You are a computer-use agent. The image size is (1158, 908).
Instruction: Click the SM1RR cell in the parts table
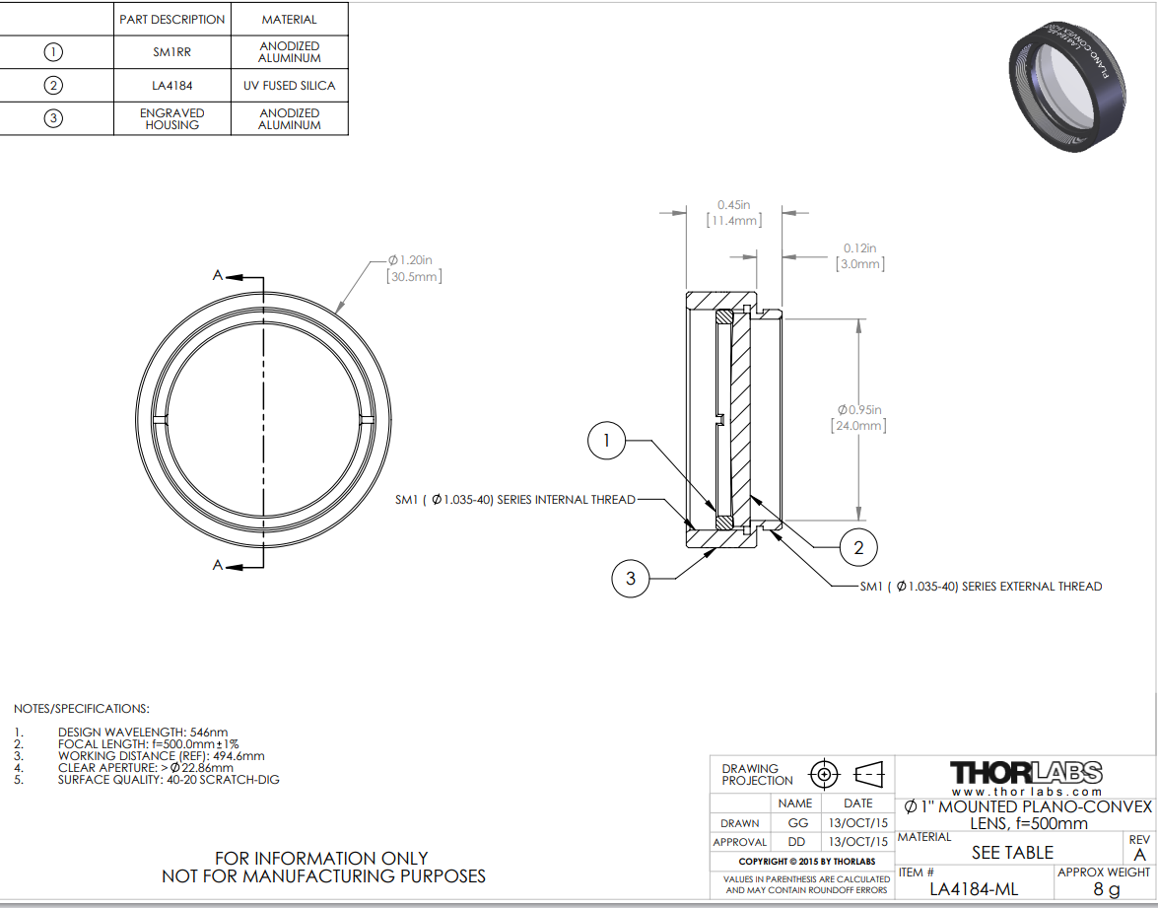click(172, 52)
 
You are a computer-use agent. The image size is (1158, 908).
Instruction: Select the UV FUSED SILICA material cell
click(290, 86)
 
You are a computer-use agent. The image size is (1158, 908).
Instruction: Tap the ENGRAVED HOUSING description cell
click(172, 119)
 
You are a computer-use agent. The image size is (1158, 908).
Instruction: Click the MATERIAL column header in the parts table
click(290, 20)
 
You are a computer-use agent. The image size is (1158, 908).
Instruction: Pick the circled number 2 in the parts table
click(53, 86)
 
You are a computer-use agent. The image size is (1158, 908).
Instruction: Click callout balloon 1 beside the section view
click(606, 441)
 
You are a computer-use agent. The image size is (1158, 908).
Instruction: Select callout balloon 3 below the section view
click(631, 579)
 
